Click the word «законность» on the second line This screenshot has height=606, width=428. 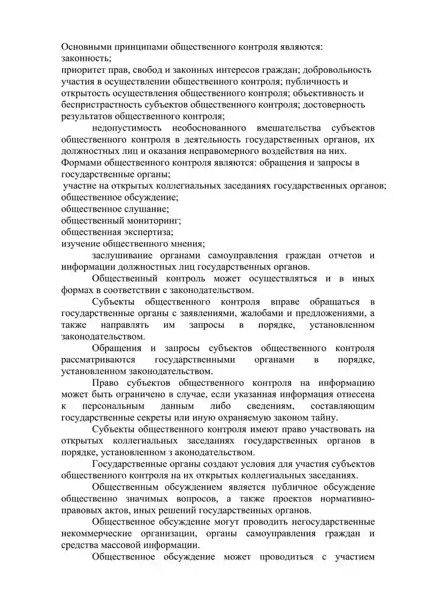[x=86, y=58]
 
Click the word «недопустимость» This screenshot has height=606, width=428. [x=125, y=128]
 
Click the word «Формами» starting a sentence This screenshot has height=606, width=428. [x=79, y=162]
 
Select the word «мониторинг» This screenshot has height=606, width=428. [x=153, y=220]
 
